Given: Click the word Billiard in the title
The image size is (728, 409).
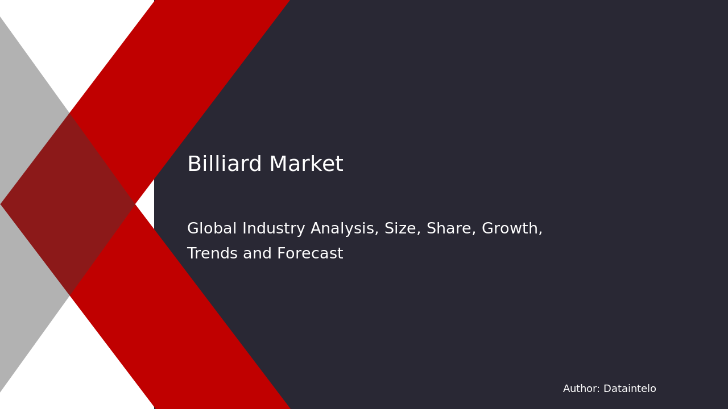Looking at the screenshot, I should pos(225,165).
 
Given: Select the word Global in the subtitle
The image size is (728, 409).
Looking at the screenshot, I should pos(212,229).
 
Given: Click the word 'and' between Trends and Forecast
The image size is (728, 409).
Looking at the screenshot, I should pos(255,254).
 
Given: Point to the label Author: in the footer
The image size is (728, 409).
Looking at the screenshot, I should pos(581,389).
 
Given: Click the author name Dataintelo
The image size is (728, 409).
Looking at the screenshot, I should pos(630,389).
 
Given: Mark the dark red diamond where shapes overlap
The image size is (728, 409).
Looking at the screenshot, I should pos(68,204).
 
